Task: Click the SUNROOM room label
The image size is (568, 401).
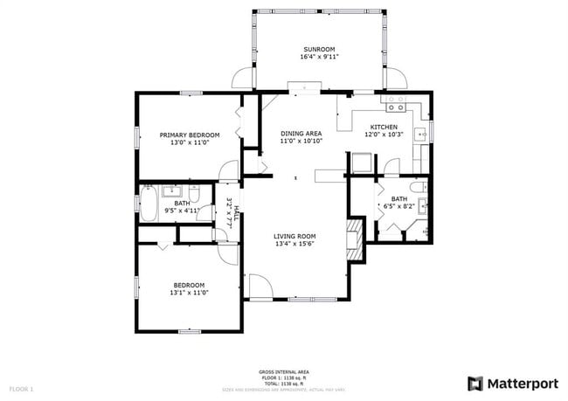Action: pyautogui.click(x=319, y=49)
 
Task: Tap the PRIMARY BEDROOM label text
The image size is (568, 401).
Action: pyautogui.click(x=189, y=135)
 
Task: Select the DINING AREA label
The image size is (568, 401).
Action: pyautogui.click(x=301, y=133)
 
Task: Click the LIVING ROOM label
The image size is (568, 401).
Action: pyautogui.click(x=294, y=236)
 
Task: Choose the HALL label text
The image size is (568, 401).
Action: pyautogui.click(x=235, y=204)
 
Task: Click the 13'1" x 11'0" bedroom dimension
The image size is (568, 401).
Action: pyautogui.click(x=189, y=293)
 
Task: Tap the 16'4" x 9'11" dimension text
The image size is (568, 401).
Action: pyautogui.click(x=319, y=57)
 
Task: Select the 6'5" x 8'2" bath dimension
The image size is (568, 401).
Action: pyautogui.click(x=398, y=207)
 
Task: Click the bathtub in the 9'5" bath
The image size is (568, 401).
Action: pyautogui.click(x=149, y=207)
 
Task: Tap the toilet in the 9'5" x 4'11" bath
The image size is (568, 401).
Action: pyautogui.click(x=195, y=192)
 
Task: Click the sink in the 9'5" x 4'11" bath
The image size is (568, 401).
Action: pyautogui.click(x=171, y=190)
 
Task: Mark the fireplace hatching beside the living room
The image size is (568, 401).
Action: pyautogui.click(x=354, y=238)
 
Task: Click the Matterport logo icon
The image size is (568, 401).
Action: pyautogui.click(x=475, y=383)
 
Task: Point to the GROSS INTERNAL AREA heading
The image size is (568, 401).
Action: pyautogui.click(x=283, y=371)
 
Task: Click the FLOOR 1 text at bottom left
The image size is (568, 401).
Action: pyautogui.click(x=21, y=388)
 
